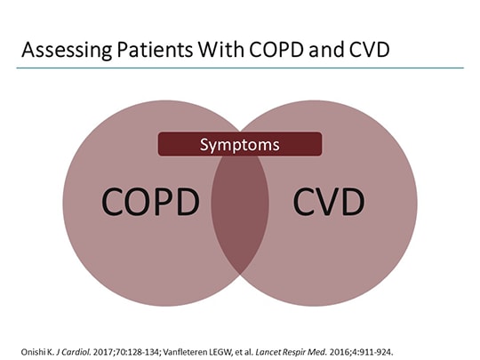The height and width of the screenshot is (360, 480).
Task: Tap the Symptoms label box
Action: tap(239, 143)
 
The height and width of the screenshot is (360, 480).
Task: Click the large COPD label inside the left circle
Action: tap(149, 203)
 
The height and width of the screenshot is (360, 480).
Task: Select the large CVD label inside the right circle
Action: tap(329, 203)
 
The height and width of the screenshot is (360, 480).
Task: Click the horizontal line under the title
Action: tap(240, 68)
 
